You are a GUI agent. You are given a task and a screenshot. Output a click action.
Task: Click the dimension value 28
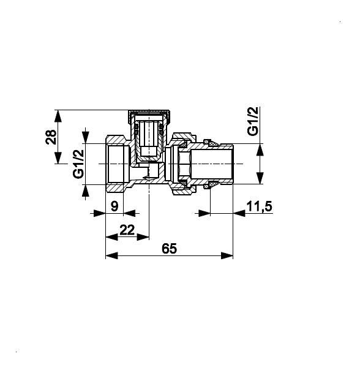51,137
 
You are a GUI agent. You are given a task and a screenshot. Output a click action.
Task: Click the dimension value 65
169,249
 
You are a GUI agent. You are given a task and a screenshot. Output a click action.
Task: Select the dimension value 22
127,230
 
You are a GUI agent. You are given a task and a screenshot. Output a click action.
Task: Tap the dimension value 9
114,206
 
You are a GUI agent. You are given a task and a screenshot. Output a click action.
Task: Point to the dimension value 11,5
259,206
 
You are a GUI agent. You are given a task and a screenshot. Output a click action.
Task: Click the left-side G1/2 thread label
78,164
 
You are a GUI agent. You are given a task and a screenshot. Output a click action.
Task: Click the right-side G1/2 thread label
253,121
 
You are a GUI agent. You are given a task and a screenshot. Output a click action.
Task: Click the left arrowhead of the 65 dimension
111,255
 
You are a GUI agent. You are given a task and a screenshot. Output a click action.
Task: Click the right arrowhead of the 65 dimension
227,255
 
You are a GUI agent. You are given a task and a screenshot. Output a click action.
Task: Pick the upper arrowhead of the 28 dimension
58,116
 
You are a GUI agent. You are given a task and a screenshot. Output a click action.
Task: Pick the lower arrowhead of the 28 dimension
58,157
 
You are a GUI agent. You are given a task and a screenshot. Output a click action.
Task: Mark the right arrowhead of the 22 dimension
143,237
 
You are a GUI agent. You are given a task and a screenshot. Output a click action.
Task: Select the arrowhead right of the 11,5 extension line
239,214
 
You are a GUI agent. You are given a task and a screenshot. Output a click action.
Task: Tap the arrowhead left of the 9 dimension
99,214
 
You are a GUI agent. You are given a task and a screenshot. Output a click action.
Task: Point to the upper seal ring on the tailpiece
211,143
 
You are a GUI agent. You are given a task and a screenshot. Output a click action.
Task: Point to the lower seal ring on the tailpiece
211,184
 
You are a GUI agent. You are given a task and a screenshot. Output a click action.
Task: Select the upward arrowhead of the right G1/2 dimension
260,149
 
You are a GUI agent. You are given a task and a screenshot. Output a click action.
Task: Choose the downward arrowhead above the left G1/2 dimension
86,137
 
